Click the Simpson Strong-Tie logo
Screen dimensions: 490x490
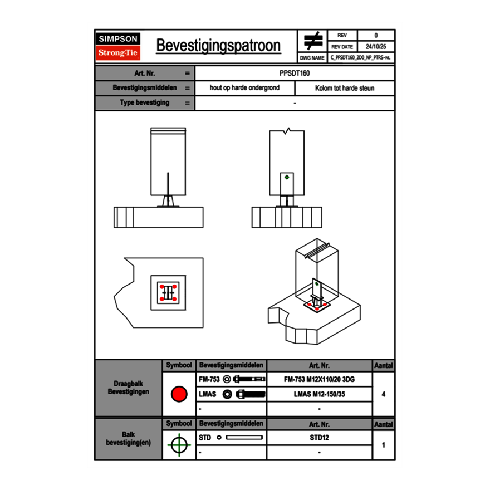[118, 46]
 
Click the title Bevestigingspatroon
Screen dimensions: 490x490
[218, 46]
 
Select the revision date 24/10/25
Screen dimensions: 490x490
[376, 47]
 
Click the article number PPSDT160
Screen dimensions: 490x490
[295, 73]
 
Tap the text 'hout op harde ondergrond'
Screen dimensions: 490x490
[244, 88]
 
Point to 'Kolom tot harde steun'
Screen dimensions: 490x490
[345, 88]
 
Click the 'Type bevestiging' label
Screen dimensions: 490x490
[145, 103]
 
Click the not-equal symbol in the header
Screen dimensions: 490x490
[313, 41]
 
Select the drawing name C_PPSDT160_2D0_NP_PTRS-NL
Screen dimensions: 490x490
[360, 57]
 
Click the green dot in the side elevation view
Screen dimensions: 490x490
[287, 177]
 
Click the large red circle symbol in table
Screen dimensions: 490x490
[179, 394]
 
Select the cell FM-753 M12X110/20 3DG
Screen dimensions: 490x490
[319, 379]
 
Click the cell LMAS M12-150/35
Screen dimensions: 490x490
[319, 394]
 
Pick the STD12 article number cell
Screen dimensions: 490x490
[319, 438]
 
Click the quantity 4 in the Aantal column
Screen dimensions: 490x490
[384, 394]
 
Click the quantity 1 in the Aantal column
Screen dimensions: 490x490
[384, 445]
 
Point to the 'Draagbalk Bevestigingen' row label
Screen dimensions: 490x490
[128, 388]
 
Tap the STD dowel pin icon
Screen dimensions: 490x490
[244, 438]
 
